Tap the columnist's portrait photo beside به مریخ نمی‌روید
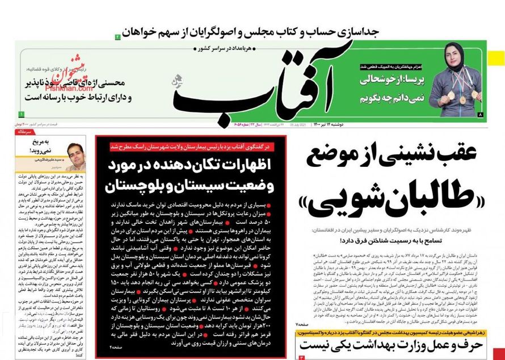point(73,154)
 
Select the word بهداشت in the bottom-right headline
point(357,346)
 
